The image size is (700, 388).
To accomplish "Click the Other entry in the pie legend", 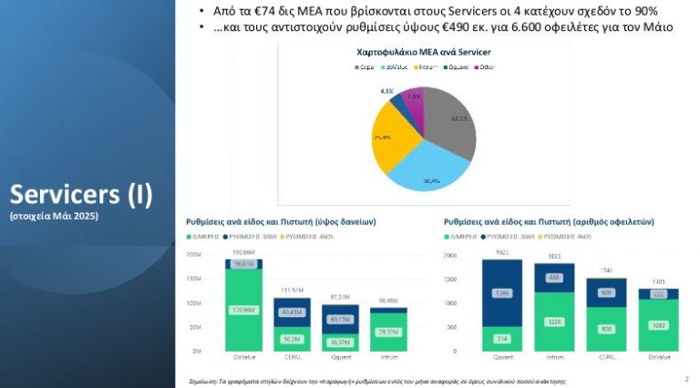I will (489, 67).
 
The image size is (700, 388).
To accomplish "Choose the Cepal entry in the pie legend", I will (365, 67).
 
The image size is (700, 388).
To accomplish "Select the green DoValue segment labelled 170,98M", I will (242, 310).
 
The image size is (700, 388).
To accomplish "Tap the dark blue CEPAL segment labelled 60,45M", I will (292, 312).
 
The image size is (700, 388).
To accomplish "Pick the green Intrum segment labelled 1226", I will (554, 322).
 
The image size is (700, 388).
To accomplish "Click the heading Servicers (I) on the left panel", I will (81, 194).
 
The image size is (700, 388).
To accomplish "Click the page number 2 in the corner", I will (685, 377).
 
